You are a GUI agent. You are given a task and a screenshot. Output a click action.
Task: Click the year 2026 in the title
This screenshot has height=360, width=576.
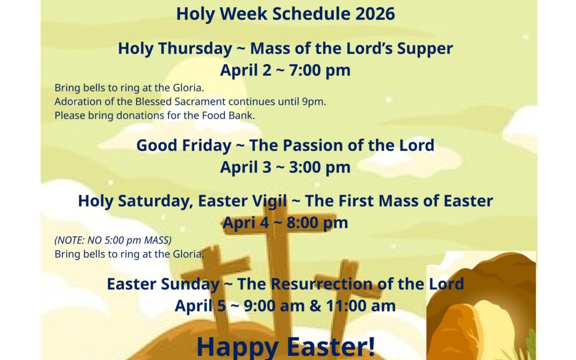click(x=375, y=14)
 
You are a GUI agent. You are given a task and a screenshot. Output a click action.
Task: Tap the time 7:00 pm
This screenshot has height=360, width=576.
click(x=319, y=70)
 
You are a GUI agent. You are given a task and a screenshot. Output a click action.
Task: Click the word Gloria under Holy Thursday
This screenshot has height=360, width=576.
click(x=188, y=88)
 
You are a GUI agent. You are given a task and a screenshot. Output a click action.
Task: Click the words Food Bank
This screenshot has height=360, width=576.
click(x=228, y=115)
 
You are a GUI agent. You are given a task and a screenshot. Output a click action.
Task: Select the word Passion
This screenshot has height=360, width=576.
click(x=315, y=146)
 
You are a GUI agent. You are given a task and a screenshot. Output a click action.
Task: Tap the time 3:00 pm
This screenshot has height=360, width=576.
click(x=319, y=167)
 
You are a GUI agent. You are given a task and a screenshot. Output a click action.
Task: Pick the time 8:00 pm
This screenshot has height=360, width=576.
click(x=317, y=223)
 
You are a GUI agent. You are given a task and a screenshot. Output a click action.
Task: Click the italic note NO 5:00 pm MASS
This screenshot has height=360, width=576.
click(x=128, y=240)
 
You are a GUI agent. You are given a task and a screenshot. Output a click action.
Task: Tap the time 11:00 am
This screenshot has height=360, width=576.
click(x=361, y=306)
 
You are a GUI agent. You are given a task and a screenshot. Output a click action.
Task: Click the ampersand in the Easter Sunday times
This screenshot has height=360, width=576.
click(x=315, y=306)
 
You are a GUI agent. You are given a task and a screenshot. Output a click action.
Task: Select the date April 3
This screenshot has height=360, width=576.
click(x=246, y=167)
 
